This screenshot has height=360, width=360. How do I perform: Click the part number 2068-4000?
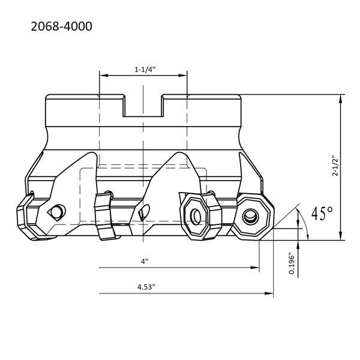[62, 26]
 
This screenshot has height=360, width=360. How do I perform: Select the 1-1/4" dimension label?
[145, 70]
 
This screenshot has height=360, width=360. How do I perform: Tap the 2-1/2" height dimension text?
[335, 166]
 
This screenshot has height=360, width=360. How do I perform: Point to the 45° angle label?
[322, 213]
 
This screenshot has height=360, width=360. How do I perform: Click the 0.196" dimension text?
[292, 263]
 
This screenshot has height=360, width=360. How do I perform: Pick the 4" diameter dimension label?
[145, 261]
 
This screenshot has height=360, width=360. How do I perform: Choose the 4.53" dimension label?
[146, 287]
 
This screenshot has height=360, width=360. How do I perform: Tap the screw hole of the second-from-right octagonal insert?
[196, 217]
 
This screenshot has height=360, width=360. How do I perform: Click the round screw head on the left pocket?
[58, 211]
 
